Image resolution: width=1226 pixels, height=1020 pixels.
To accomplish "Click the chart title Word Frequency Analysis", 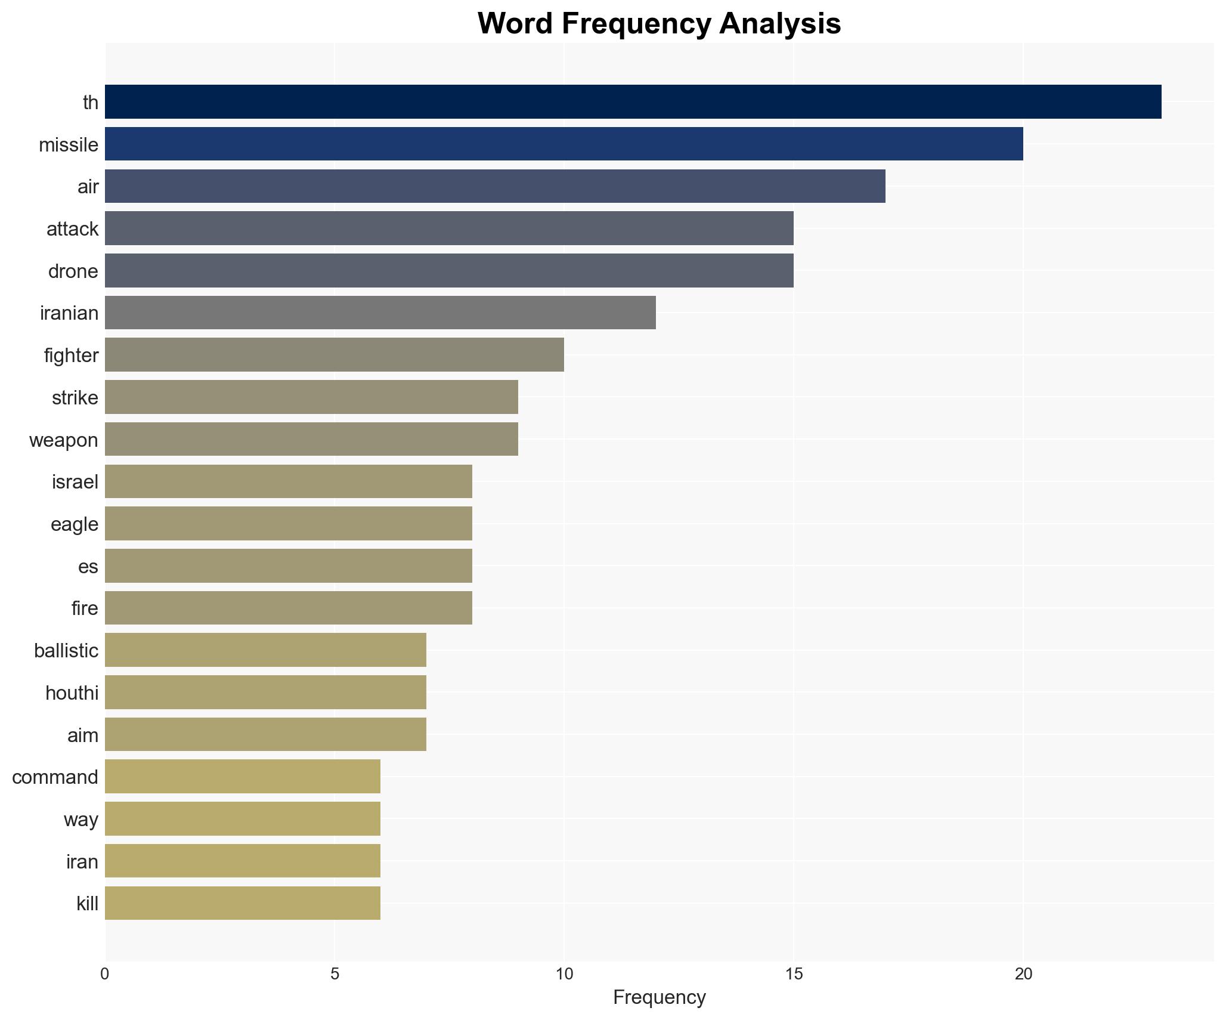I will pyautogui.click(x=659, y=24).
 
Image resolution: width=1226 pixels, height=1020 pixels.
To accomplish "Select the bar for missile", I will pyautogui.click(x=564, y=144).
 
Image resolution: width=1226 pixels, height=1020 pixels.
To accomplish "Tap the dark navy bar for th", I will pyautogui.click(x=633, y=101).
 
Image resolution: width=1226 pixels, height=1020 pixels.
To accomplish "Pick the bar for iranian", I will pyautogui.click(x=380, y=313).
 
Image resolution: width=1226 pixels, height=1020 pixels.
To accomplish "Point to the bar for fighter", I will pyautogui.click(x=334, y=355).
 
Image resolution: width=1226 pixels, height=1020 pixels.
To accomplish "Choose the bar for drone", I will pyautogui.click(x=449, y=270).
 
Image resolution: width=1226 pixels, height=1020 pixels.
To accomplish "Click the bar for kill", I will pyautogui.click(x=242, y=903).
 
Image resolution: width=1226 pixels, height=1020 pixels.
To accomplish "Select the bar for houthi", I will pyautogui.click(x=265, y=692).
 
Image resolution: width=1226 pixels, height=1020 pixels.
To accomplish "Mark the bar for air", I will pyautogui.click(x=495, y=186).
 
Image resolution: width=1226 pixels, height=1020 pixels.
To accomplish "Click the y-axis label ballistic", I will pyautogui.click(x=66, y=650).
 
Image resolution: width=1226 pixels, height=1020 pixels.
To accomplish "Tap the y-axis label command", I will pyautogui.click(x=55, y=777).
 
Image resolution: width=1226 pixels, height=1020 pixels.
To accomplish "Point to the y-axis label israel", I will pyautogui.click(x=75, y=481).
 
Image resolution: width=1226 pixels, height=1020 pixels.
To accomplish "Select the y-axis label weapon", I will pyautogui.click(x=63, y=440).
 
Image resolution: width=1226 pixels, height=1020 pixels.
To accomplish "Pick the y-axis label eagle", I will pyautogui.click(x=74, y=524).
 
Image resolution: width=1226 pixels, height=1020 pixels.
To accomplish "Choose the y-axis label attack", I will pyautogui.click(x=72, y=228).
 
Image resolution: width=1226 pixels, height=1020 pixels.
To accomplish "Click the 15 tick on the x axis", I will pyautogui.click(x=794, y=974).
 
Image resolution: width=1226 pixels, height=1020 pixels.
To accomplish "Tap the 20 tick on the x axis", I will pyautogui.click(x=1023, y=974).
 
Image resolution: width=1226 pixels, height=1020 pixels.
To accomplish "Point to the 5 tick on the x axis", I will pyautogui.click(x=335, y=974).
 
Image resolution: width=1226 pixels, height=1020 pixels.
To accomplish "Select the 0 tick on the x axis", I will pyautogui.click(x=105, y=974).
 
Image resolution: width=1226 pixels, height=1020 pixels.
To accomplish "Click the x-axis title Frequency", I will pyautogui.click(x=659, y=997).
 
